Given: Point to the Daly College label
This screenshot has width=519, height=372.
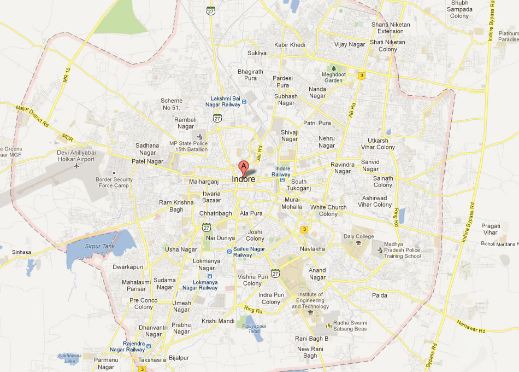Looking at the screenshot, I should click(358, 236).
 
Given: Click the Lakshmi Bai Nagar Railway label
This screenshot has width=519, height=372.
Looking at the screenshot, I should click(222, 101).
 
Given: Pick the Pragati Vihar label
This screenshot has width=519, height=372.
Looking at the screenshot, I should click(489, 229).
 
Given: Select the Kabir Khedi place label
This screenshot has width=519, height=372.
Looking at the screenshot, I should click(290, 45).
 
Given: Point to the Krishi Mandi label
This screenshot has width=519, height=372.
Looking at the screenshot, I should click(217, 321).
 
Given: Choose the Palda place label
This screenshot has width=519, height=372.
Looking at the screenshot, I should click(380, 295).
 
